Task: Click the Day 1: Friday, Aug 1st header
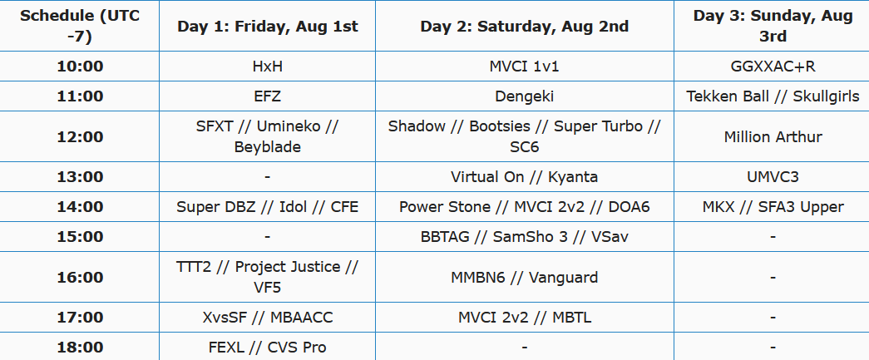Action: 268,27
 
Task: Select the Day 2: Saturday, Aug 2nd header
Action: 524,27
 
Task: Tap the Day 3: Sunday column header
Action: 773,26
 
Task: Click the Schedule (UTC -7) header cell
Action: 80,26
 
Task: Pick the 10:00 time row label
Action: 80,67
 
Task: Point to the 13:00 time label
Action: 80,177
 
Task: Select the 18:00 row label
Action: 80,348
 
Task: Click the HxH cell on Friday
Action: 268,67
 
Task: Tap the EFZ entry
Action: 268,96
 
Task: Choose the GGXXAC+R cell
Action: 773,67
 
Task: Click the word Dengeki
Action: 524,96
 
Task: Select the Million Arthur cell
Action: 773,137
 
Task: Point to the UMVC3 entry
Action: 773,177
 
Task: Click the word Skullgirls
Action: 826,96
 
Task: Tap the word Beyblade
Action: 268,147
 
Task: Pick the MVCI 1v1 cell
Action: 524,67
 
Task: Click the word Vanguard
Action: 563,277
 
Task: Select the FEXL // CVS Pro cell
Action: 268,348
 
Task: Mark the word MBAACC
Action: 302,318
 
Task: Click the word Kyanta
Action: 573,177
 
